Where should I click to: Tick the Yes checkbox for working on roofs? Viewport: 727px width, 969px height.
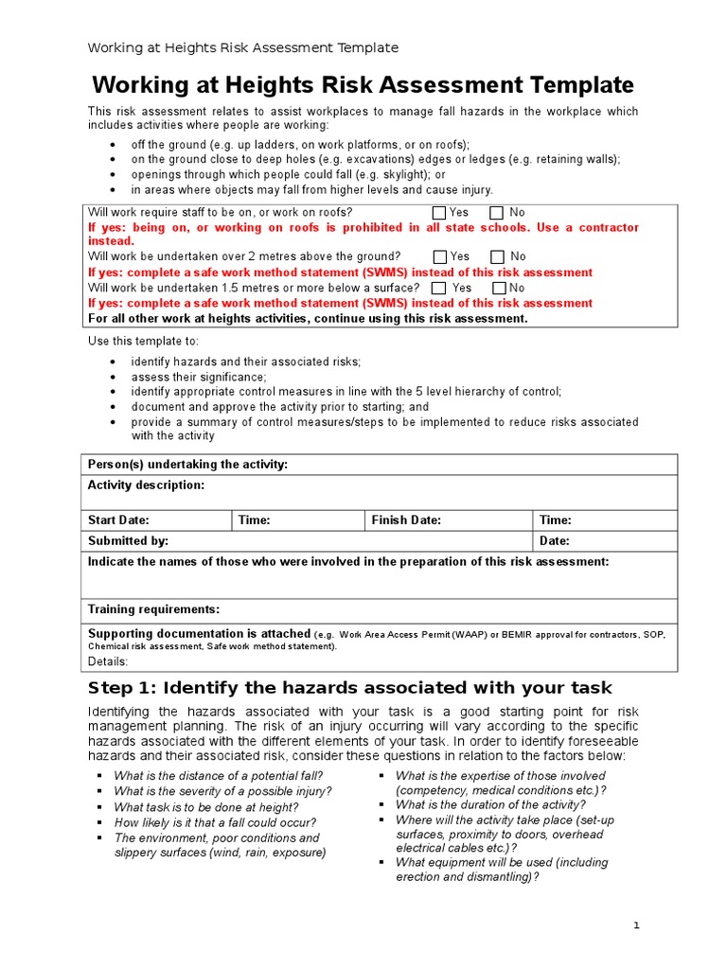pyautogui.click(x=440, y=213)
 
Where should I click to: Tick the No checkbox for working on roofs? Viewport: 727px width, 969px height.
pyautogui.click(x=497, y=213)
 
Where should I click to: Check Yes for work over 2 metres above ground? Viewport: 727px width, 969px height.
pyautogui.click(x=440, y=256)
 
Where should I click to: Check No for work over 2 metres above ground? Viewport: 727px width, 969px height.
pyautogui.click(x=498, y=256)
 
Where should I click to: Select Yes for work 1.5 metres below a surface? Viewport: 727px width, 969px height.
pyautogui.click(x=438, y=288)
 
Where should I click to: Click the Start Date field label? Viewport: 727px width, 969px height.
pyautogui.click(x=118, y=520)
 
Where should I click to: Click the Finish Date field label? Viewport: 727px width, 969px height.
pyautogui.click(x=406, y=520)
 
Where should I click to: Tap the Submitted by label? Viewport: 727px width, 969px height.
pyautogui.click(x=128, y=541)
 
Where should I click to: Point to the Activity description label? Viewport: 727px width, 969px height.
pyautogui.click(x=146, y=485)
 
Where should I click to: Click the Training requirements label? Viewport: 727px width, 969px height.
pyautogui.click(x=153, y=609)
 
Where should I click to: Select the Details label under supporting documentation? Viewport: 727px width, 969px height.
pyautogui.click(x=108, y=661)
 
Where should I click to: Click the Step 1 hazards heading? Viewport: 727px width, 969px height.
pyautogui.click(x=350, y=688)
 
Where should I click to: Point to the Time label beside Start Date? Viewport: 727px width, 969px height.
pyautogui.click(x=254, y=520)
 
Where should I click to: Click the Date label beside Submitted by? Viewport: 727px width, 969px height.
pyautogui.click(x=554, y=541)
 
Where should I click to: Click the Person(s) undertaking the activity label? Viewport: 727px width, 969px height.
pyautogui.click(x=187, y=465)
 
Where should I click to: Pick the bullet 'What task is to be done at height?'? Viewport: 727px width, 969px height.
pyautogui.click(x=205, y=807)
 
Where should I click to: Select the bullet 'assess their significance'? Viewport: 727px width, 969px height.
pyautogui.click(x=198, y=377)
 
